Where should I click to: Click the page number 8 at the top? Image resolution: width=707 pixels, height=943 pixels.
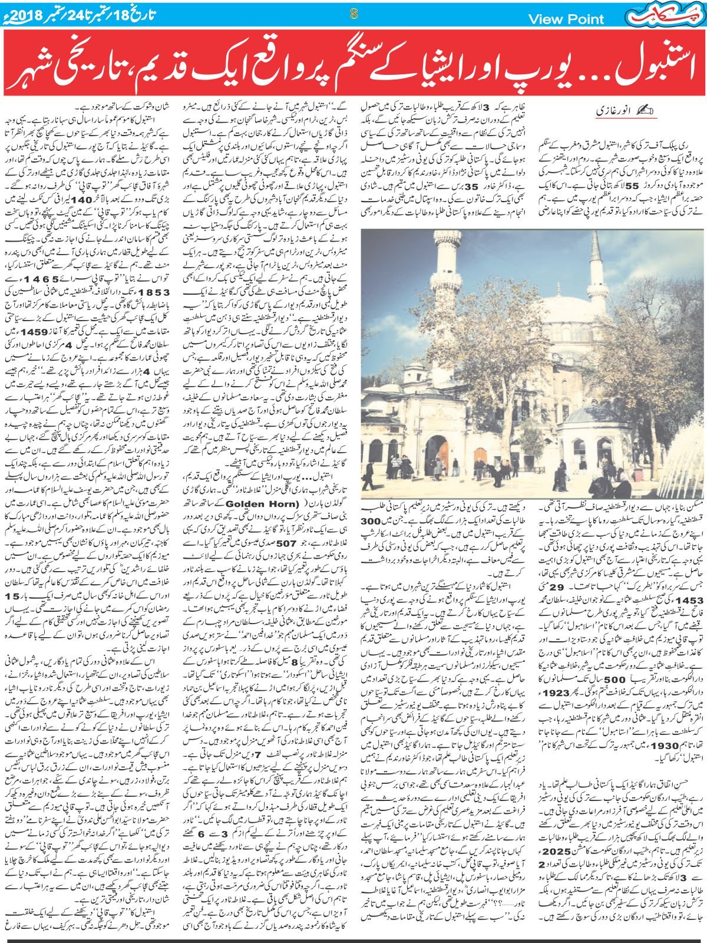pos(353,14)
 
